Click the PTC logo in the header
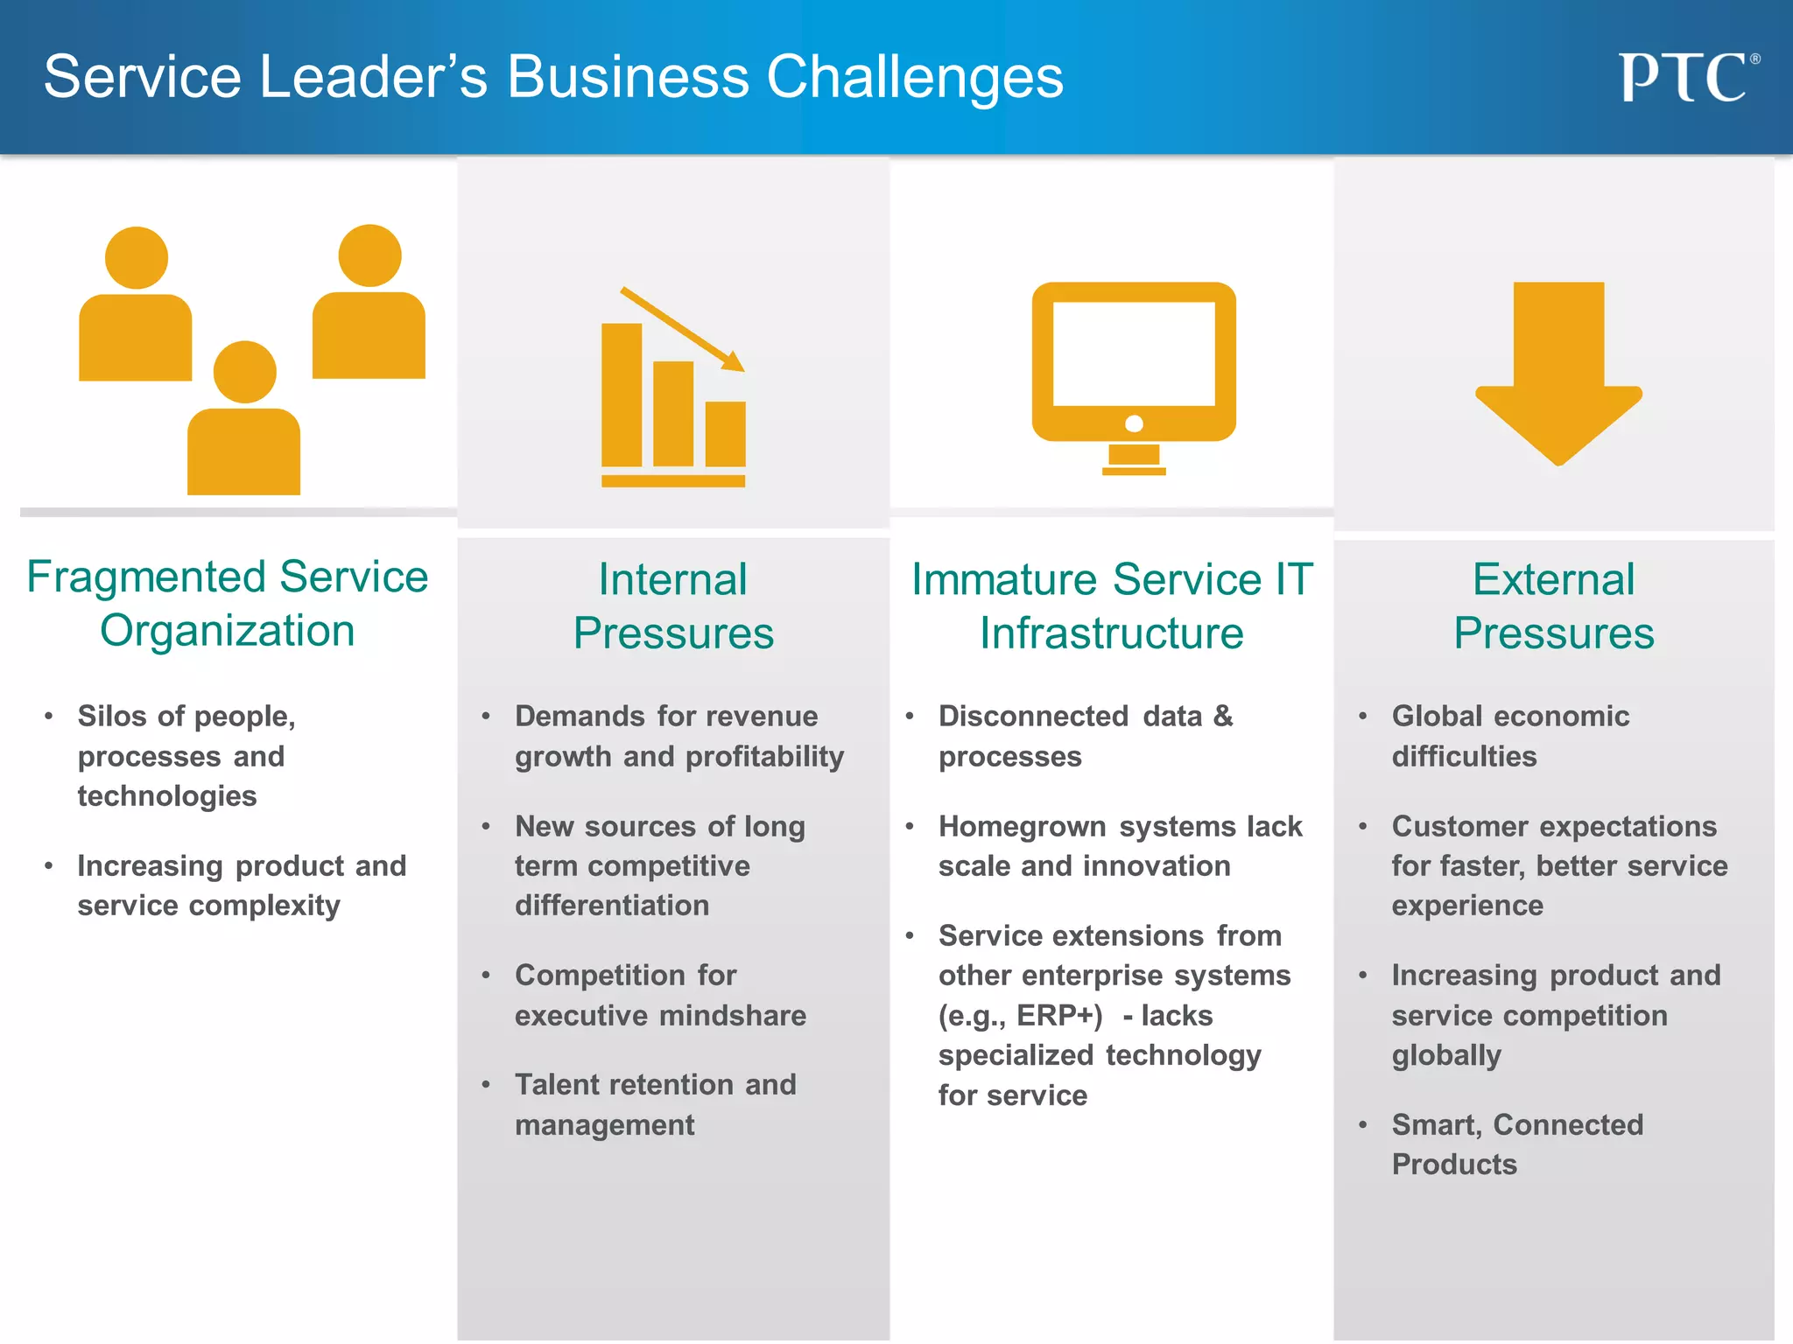(1686, 78)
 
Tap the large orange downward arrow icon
(1558, 372)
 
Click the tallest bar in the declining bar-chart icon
(622, 395)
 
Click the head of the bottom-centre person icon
(245, 372)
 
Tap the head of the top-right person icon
(369, 255)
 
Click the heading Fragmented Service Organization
(228, 604)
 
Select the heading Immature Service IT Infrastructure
(1112, 605)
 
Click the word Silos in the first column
(112, 717)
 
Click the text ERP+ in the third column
(1059, 1016)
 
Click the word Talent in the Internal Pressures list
(557, 1085)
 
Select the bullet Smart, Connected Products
(1516, 1144)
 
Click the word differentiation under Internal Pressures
(612, 906)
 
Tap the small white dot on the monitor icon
(1134, 424)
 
